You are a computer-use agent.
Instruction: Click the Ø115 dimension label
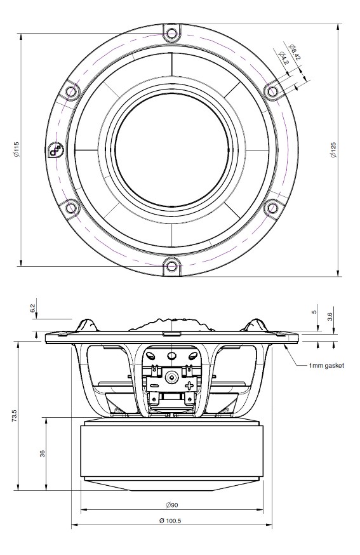pyautogui.click(x=16, y=150)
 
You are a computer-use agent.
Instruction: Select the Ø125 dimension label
pyautogui.click(x=333, y=150)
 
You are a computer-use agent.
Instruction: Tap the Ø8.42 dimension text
pyautogui.click(x=295, y=51)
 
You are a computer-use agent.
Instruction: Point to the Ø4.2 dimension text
pyautogui.click(x=284, y=58)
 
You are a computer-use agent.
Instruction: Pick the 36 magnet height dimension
pyautogui.click(x=43, y=453)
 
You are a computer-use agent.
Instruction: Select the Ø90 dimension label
pyautogui.click(x=172, y=505)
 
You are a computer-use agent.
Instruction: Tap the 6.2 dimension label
pyautogui.click(x=33, y=308)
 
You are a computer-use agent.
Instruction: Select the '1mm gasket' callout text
pyautogui.click(x=326, y=366)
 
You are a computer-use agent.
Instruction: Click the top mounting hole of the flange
pyautogui.click(x=171, y=34)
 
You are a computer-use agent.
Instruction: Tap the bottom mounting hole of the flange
pyautogui.click(x=171, y=265)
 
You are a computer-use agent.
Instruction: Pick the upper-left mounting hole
pyautogui.click(x=71, y=91)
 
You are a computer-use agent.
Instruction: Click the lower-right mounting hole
pyautogui.click(x=272, y=208)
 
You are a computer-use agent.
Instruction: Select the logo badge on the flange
pyautogui.click(x=56, y=150)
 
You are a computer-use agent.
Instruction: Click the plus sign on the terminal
pyautogui.click(x=189, y=385)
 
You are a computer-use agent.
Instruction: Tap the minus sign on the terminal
pyautogui.click(x=154, y=385)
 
